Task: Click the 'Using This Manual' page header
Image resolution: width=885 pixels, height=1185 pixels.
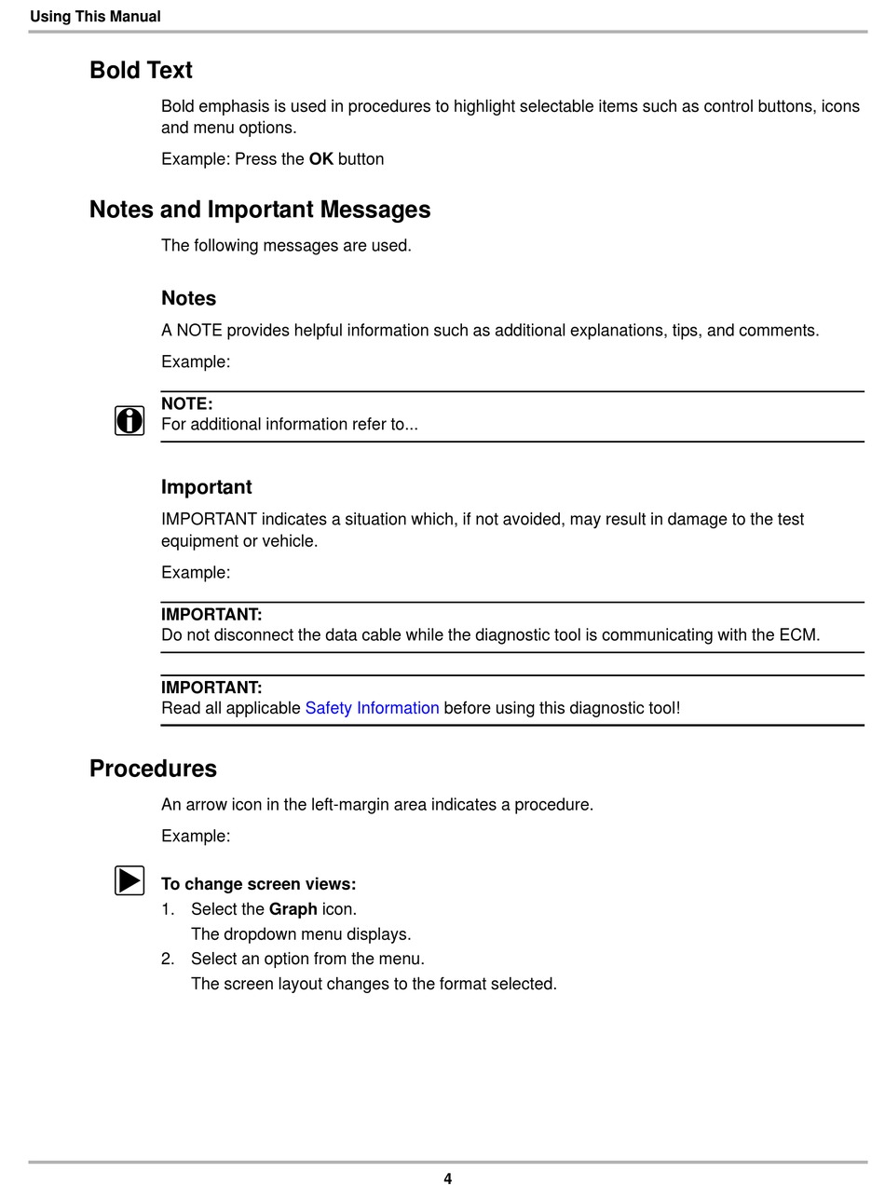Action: coord(95,17)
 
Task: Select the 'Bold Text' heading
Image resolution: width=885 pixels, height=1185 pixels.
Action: coord(141,71)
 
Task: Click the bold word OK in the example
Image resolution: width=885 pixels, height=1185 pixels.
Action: coord(320,159)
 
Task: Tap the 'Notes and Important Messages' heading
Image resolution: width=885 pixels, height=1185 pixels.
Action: coord(260,210)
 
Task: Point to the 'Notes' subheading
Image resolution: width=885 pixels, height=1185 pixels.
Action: coord(188,298)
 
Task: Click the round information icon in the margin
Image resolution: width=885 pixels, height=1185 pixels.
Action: coord(129,421)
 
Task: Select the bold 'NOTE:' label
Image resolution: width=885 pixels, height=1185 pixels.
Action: coord(186,404)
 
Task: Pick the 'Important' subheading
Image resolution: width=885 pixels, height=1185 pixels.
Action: coord(206,487)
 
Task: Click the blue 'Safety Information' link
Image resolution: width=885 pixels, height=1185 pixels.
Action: coord(372,708)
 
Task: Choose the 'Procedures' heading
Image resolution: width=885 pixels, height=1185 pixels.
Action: coord(153,769)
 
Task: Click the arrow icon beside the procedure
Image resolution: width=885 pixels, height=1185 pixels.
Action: coord(129,880)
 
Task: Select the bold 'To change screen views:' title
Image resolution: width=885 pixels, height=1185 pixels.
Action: coord(258,884)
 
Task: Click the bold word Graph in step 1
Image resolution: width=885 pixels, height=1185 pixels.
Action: coord(293,909)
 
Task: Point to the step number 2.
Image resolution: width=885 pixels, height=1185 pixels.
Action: coord(168,959)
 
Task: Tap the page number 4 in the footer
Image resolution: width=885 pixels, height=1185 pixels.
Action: coord(447,1178)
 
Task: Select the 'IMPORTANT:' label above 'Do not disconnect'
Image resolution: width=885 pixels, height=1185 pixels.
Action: coord(211,615)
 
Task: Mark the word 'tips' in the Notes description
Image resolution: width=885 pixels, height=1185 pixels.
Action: coord(686,331)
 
